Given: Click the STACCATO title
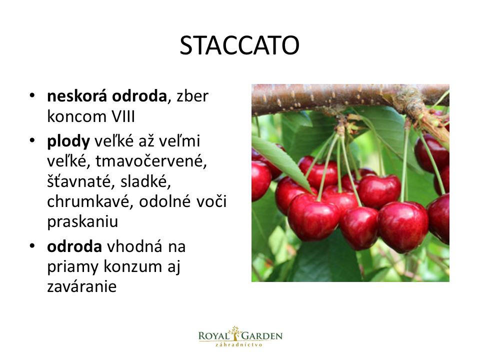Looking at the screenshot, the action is click(x=239, y=45).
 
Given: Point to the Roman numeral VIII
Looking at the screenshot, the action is click(x=123, y=116).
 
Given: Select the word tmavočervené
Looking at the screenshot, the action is click(x=151, y=161).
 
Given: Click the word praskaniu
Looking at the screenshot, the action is click(x=82, y=222).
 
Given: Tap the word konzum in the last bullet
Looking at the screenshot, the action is click(x=132, y=266).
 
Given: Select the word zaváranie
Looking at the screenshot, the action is click(x=81, y=286).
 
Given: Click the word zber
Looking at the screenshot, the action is click(x=192, y=96).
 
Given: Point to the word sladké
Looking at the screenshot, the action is click(x=145, y=181).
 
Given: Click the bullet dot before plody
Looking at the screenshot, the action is click(x=32, y=140).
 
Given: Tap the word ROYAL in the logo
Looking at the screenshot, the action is click(x=213, y=336).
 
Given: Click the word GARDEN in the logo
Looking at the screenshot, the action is click(x=262, y=336).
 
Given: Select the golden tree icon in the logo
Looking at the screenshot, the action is click(x=235, y=333).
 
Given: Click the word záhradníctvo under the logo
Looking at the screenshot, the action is click(x=239, y=344).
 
